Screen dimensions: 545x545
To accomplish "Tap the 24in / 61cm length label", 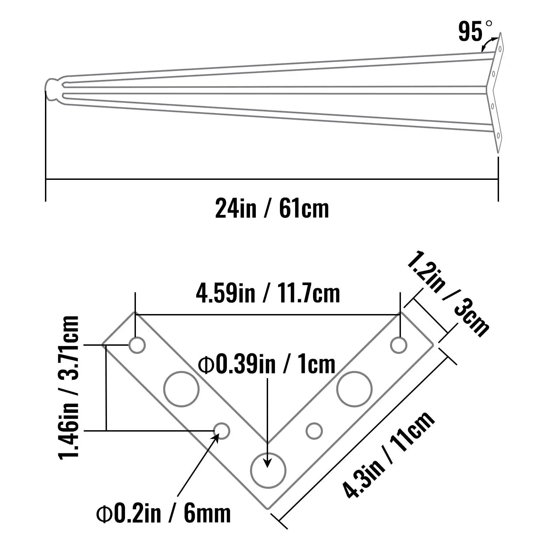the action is [272, 208].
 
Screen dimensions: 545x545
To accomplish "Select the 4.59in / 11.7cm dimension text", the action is [268, 294].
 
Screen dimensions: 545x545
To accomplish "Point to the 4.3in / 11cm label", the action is [389, 455].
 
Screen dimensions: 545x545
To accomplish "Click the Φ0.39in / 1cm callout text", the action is [267, 364].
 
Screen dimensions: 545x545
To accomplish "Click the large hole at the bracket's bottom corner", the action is [268, 470].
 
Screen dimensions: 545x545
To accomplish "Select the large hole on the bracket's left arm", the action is [181, 389].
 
